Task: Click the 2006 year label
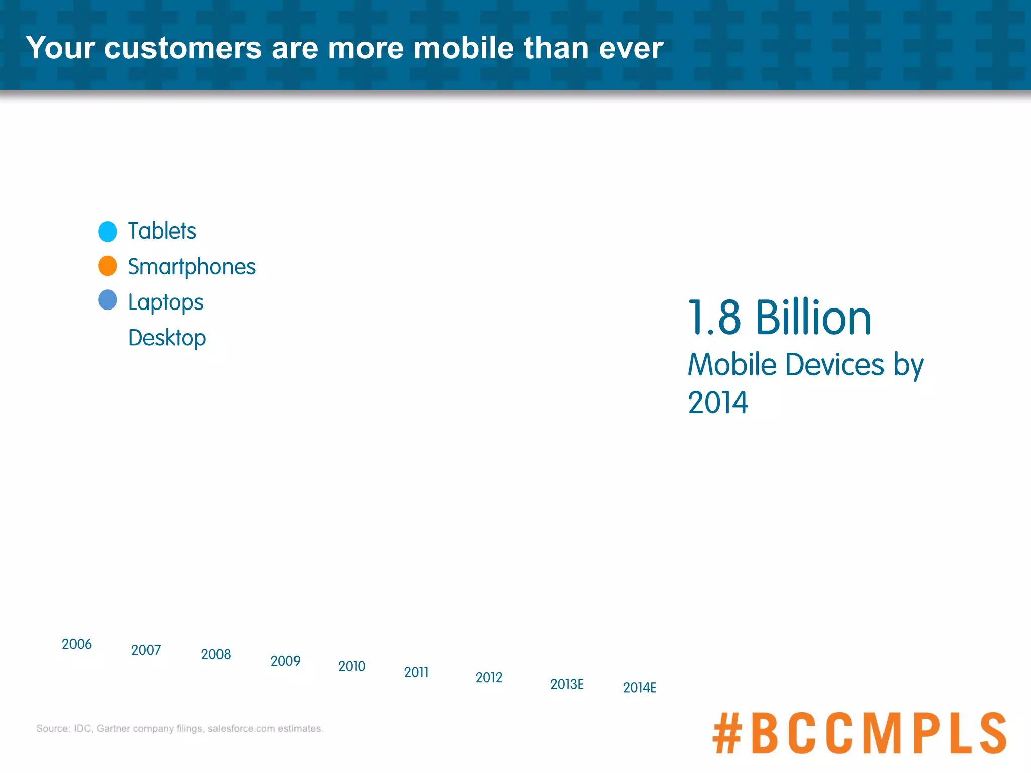(77, 644)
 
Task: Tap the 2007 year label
(146, 650)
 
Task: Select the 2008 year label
(215, 654)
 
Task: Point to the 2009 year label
(285, 661)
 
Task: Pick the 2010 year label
(352, 666)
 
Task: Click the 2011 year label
(416, 672)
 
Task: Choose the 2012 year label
(489, 678)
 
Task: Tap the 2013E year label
(567, 684)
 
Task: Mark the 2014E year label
(640, 688)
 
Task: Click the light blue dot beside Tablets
(108, 231)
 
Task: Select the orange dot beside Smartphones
(108, 266)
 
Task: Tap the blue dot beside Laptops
(108, 300)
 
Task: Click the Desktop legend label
(167, 338)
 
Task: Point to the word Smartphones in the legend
(192, 267)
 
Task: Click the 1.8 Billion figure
(779, 318)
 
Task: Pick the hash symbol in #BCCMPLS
(727, 733)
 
